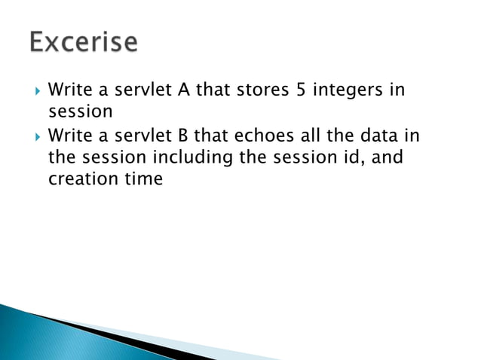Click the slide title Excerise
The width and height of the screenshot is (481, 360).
(84, 43)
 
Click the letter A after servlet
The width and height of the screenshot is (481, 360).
(182, 90)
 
